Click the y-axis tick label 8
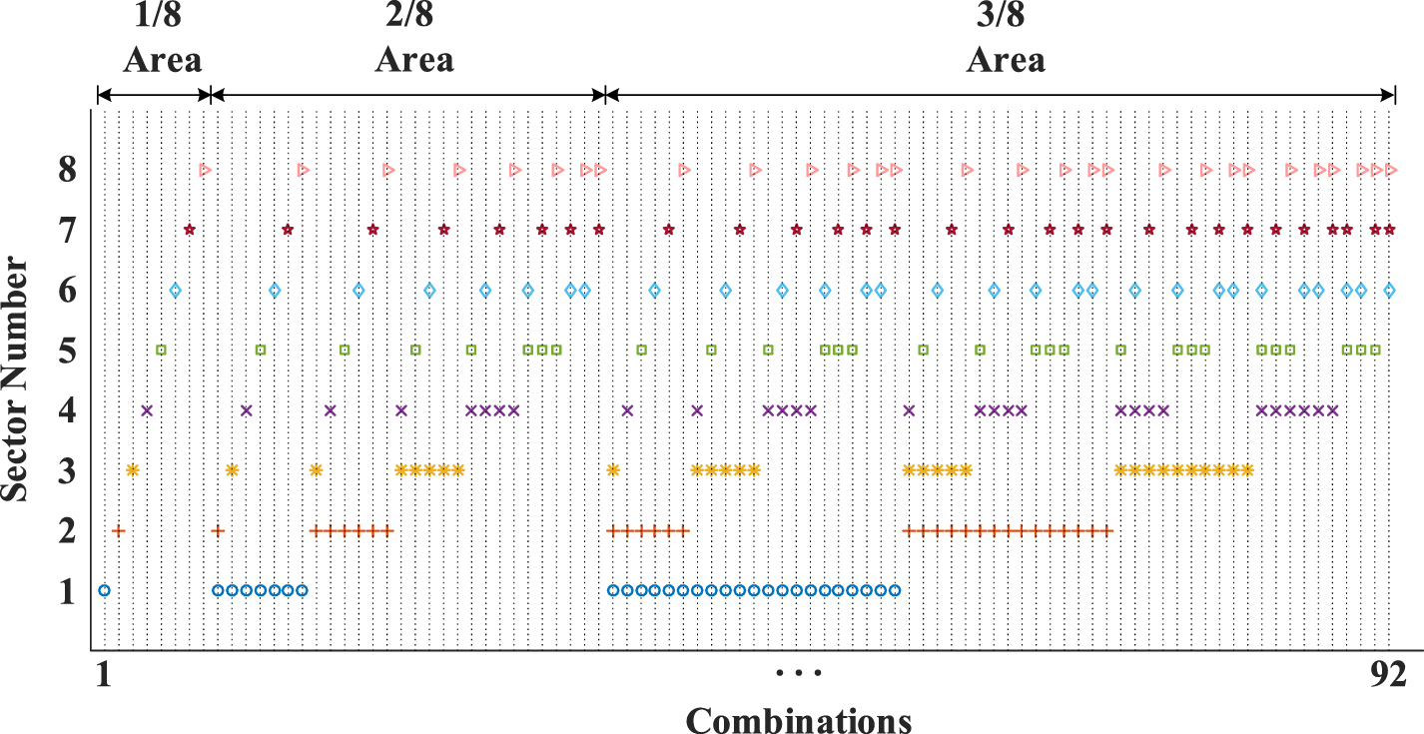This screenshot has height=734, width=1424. [66, 171]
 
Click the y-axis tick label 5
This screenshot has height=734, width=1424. [66, 352]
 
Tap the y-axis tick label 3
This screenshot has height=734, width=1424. [66, 471]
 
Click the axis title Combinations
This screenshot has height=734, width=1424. [798, 719]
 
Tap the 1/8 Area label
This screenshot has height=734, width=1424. [162, 40]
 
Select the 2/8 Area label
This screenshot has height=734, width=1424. [413, 40]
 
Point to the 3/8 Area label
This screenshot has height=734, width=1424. [1006, 40]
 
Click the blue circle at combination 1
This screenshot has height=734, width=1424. [104, 590]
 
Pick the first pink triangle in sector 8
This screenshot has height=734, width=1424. [205, 170]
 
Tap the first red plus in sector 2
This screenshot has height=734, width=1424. [119, 530]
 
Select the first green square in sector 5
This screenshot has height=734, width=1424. [161, 351]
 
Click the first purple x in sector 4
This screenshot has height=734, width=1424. [147, 410]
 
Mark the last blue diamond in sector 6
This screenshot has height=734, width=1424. [1389, 291]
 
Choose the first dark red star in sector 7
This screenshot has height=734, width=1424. [189, 230]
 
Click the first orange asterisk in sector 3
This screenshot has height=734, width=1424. [132, 470]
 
